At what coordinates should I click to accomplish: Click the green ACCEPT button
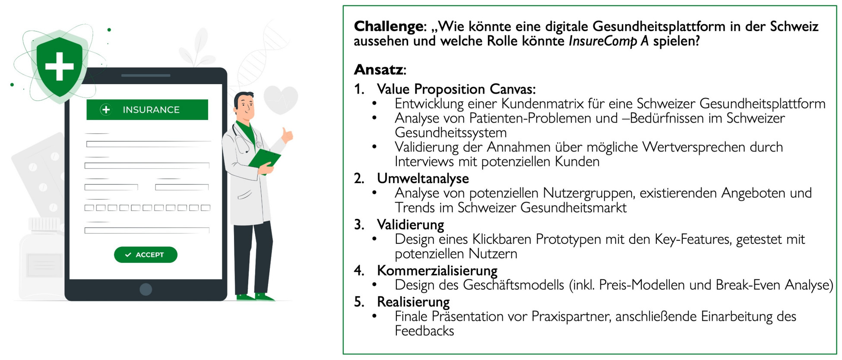coord(146,255)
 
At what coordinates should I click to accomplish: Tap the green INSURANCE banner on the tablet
coord(147,110)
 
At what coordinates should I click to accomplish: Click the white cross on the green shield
coord(60,66)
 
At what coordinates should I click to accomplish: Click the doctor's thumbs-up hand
coord(287,135)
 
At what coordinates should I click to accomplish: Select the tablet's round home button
coord(146,289)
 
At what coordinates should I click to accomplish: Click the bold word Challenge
coord(389,26)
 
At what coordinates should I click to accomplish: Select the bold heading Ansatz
coord(379,69)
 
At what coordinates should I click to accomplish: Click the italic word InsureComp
coord(603,41)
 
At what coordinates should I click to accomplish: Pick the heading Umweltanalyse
coord(423,178)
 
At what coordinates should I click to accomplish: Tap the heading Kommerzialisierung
coord(437,271)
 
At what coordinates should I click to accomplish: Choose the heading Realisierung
coord(413,302)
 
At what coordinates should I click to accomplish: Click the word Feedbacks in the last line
coord(424,331)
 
